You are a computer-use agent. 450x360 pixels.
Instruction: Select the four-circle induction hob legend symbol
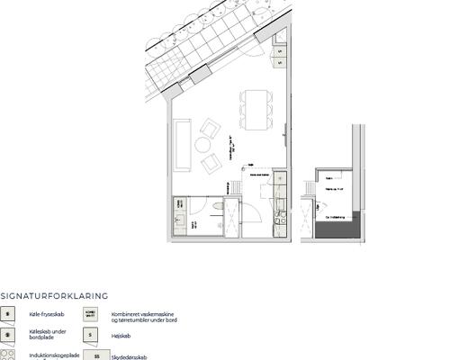pos(9,355)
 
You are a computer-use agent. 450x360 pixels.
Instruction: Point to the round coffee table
pos(203,144)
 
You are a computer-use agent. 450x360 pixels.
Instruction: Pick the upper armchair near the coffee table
pos(211,128)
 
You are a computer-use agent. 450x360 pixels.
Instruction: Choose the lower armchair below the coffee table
pos(211,163)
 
